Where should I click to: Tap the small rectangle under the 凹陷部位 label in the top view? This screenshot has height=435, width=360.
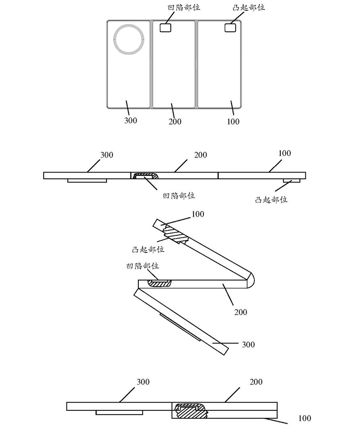(166, 28)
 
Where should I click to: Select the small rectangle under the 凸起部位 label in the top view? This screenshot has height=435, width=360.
(231, 28)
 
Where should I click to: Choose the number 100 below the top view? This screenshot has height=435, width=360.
(233, 121)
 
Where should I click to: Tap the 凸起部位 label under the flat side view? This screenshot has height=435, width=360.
(271, 199)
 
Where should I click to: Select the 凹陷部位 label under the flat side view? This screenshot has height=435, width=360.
(179, 196)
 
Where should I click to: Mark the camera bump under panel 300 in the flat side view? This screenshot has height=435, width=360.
(87, 181)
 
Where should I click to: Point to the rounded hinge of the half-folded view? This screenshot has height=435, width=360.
(249, 279)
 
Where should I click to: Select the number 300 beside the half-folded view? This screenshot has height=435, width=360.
(248, 344)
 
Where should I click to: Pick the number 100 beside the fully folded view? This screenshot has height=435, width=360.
(305, 418)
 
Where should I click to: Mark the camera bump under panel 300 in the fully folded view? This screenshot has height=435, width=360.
(120, 412)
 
